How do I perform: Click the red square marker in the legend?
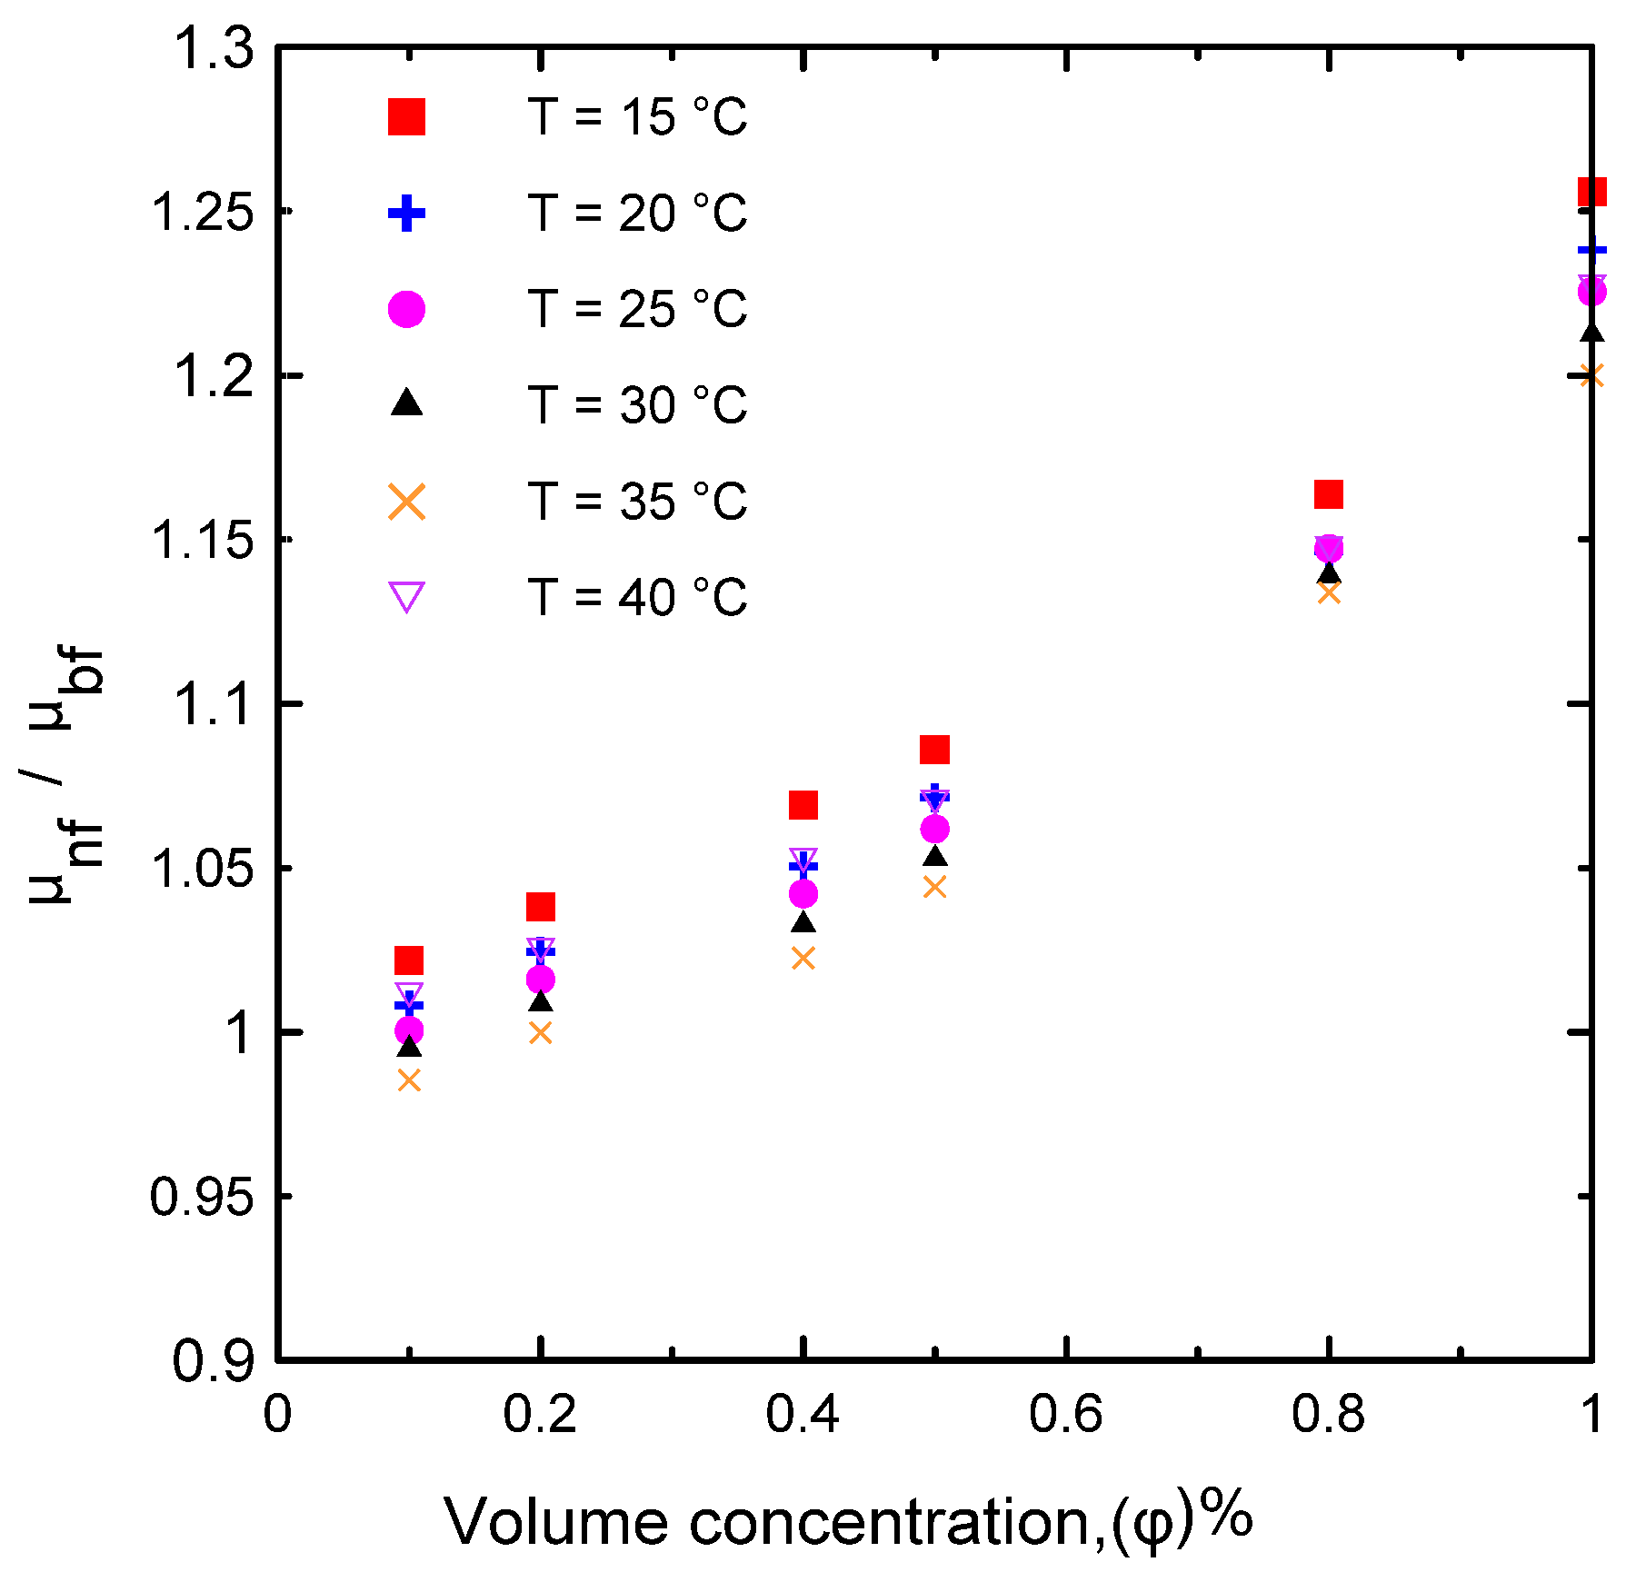406,117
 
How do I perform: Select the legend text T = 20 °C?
636,214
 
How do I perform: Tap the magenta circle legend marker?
406,309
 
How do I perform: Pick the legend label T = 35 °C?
636,502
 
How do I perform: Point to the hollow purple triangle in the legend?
406,597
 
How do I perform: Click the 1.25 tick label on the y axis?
202,214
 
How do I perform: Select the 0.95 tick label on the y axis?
202,1197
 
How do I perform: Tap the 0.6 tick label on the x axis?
1065,1415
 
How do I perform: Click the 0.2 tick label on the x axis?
540,1415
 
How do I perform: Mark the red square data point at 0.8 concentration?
1329,494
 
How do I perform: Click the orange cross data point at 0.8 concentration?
1329,593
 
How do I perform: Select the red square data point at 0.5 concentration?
934,750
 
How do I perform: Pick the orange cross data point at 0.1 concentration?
409,1080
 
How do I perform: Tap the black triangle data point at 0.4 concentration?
803,922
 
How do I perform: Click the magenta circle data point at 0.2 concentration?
541,980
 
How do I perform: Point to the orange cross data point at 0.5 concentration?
934,887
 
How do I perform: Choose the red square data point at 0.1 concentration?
409,960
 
